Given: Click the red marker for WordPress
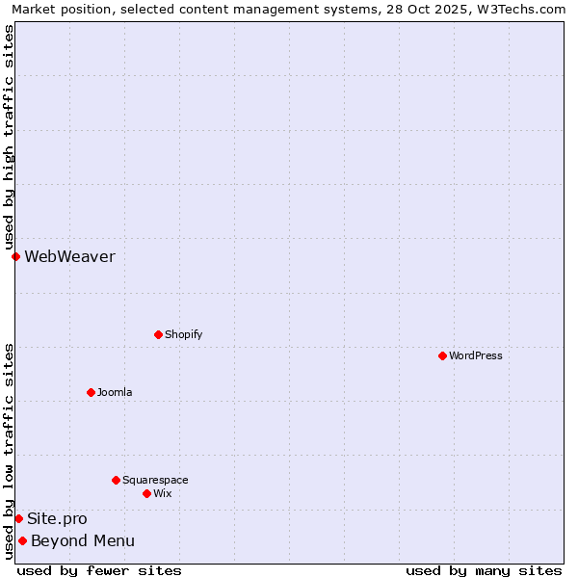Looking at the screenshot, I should pyautogui.click(x=442, y=355).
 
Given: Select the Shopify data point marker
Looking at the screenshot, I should pyautogui.click(x=158, y=334).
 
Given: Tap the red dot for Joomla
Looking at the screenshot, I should pyautogui.click(x=91, y=392).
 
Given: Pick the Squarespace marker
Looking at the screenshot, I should pyautogui.click(x=116, y=480).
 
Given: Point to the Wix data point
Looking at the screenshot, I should pyautogui.click(x=146, y=493).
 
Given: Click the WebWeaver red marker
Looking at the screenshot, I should pyautogui.click(x=15, y=256).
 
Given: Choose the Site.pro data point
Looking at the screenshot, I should pyautogui.click(x=18, y=518).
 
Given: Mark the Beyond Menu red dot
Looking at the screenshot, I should pyautogui.click(x=22, y=540).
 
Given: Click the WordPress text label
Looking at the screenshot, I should pyautogui.click(x=476, y=355).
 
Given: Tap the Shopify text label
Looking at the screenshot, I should pyautogui.click(x=184, y=334).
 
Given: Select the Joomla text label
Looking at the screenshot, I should pyautogui.click(x=115, y=392).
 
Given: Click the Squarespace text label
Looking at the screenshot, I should pyautogui.click(x=155, y=480).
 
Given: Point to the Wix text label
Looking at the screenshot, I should pyautogui.click(x=163, y=493).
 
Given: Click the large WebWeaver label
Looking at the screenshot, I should pyautogui.click(x=69, y=256).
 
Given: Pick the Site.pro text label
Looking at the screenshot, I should pyautogui.click(x=57, y=518).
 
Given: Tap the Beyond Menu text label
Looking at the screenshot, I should pyautogui.click(x=83, y=540).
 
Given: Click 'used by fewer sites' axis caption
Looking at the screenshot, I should pyautogui.click(x=99, y=570).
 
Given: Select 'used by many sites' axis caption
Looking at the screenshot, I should pyautogui.click(x=484, y=570).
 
